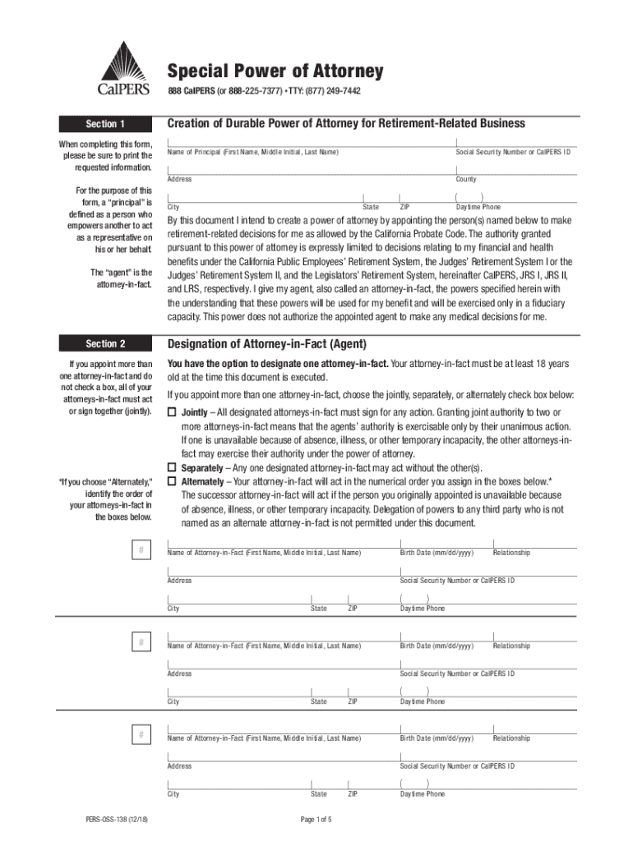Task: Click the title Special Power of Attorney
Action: [275, 71]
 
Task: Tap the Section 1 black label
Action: [105, 124]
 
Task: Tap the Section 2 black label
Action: [105, 343]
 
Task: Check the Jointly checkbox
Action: [172, 412]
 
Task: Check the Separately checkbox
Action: [172, 468]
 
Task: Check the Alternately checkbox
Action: [172, 481]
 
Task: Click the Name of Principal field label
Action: [252, 153]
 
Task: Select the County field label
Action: [466, 179]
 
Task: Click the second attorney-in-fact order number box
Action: [142, 641]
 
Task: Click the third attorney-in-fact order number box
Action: [142, 733]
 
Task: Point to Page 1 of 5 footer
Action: [316, 819]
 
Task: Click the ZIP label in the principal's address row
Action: [404, 207]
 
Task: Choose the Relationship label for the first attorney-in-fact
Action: [511, 553]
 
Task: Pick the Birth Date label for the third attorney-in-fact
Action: [437, 738]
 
